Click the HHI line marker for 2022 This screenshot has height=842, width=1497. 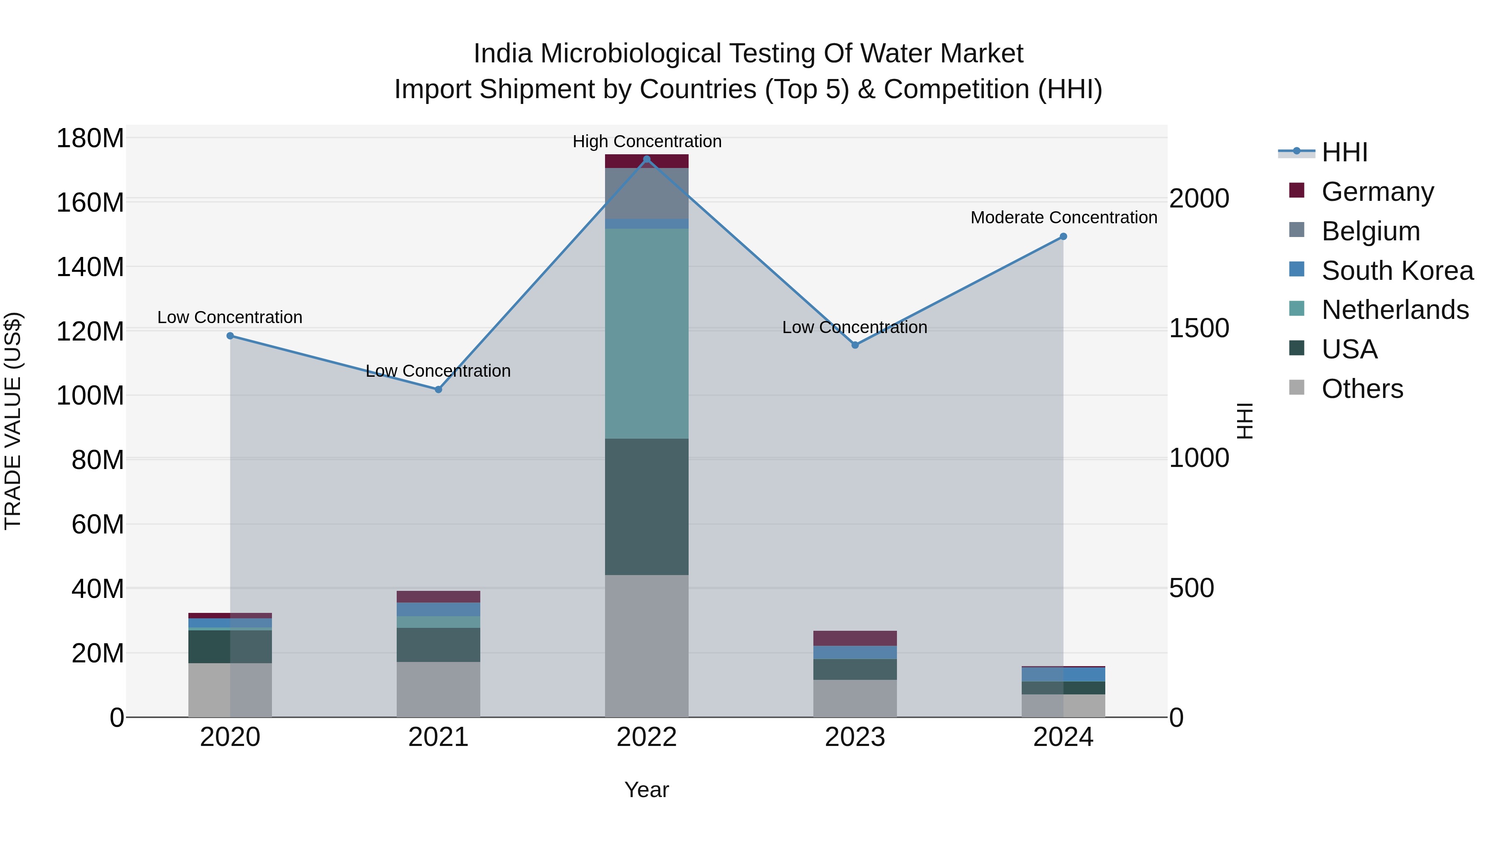[x=647, y=159]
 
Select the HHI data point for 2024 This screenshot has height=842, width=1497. [x=1063, y=237]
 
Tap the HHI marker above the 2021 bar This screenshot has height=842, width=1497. [x=438, y=389]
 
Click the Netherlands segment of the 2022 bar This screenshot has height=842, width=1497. [x=646, y=333]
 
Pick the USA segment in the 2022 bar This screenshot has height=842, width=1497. [x=646, y=507]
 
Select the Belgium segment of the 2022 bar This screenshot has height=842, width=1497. [x=646, y=193]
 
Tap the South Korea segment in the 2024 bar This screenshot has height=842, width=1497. [x=1063, y=674]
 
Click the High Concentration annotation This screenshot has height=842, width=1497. [x=647, y=141]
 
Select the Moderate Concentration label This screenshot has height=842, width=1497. [x=1063, y=217]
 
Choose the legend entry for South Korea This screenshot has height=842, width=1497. [x=1397, y=271]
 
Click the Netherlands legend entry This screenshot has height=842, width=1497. [x=1395, y=310]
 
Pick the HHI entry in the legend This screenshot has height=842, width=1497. [x=1344, y=152]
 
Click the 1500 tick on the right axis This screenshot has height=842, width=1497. [x=1198, y=328]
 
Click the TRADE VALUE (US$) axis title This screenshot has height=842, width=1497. [x=13, y=421]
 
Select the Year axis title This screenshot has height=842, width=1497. [x=646, y=790]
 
